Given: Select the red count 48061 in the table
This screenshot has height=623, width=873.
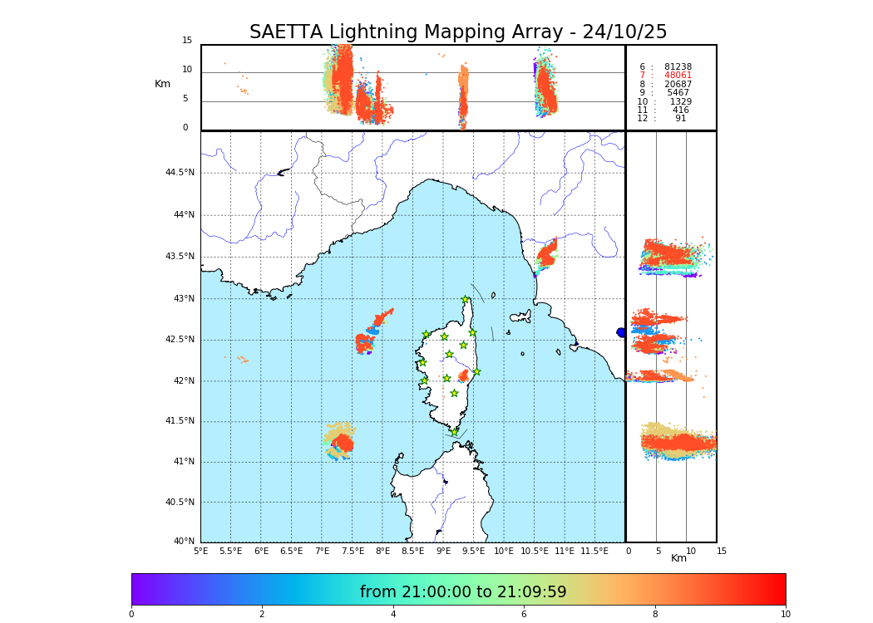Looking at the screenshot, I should click(678, 76).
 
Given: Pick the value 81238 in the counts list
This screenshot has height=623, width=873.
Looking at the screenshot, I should click(678, 67).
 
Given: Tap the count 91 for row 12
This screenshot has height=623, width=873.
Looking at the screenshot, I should click(680, 119).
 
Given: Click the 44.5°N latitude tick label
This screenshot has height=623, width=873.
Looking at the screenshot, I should click(180, 173).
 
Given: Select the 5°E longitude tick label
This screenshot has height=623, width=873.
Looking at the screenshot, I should click(201, 551).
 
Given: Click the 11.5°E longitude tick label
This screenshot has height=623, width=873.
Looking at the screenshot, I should click(594, 551).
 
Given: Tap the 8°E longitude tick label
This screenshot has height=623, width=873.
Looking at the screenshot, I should click(382, 551).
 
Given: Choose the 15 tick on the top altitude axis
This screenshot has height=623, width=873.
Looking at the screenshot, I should click(187, 41).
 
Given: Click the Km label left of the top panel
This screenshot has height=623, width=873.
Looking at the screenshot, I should click(162, 84).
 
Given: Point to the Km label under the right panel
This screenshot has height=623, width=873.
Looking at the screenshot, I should click(679, 558).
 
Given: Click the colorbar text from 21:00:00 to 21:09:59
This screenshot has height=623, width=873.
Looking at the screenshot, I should click(463, 592).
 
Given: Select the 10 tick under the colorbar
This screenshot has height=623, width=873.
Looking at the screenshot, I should click(785, 615).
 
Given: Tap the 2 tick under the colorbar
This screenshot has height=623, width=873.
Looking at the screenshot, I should click(262, 615).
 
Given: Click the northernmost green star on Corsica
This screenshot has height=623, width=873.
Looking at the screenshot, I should click(466, 300).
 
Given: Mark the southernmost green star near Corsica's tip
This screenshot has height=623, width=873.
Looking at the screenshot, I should click(455, 432).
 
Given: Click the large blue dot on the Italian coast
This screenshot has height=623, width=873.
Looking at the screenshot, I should click(621, 332).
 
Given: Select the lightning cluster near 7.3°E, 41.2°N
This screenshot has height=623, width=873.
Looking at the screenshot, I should click(340, 440).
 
